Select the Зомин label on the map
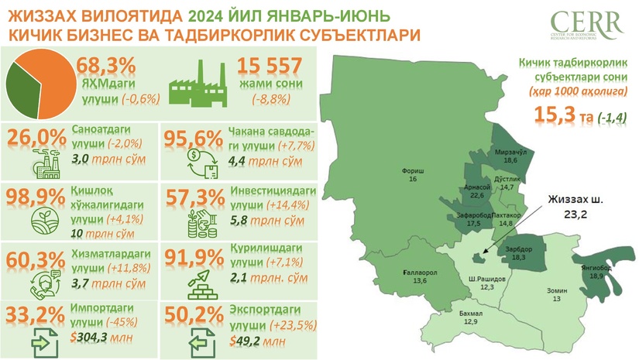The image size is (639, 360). click(552, 293)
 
